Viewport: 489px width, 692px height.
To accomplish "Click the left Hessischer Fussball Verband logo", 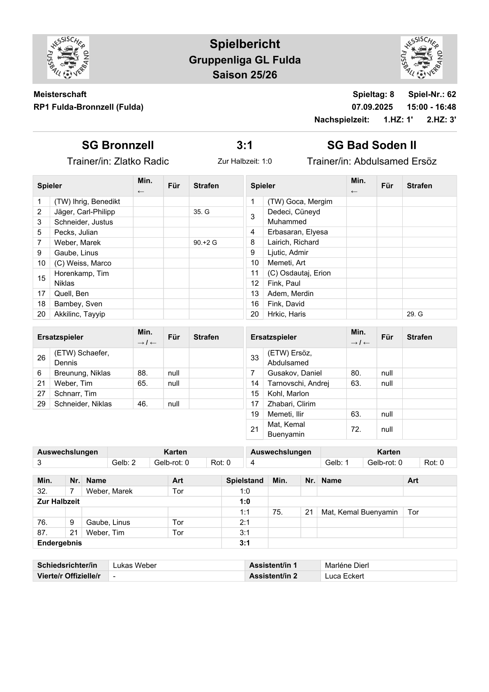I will (68, 58).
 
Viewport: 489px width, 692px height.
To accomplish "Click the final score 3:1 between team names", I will (244, 145).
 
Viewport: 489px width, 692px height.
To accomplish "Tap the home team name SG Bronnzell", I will (118, 145).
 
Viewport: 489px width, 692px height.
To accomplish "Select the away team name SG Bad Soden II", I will (371, 145).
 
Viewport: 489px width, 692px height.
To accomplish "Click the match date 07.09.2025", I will (372, 107).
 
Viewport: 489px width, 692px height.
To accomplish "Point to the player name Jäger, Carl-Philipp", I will (85, 212).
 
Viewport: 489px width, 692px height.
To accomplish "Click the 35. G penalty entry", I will (201, 212).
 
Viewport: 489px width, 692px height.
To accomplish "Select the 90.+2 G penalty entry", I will (205, 243).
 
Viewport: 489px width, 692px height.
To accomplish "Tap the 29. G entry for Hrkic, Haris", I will (415, 314).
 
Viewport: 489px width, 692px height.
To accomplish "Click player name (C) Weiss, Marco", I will (83, 263).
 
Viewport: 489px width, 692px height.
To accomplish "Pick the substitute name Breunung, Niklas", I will (82, 373).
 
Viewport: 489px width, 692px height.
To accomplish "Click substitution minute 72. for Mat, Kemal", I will (356, 429).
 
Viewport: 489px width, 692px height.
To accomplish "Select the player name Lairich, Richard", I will (293, 242).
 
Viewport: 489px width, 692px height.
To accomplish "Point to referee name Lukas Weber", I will (135, 565).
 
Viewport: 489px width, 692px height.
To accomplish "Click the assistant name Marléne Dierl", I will (347, 565).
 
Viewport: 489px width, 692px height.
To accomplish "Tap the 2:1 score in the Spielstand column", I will (244, 522).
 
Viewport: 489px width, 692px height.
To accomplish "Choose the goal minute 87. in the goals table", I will (42, 532).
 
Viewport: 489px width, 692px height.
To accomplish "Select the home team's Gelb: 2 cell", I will (124, 463).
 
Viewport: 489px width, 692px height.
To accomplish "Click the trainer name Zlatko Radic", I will (141, 161).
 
